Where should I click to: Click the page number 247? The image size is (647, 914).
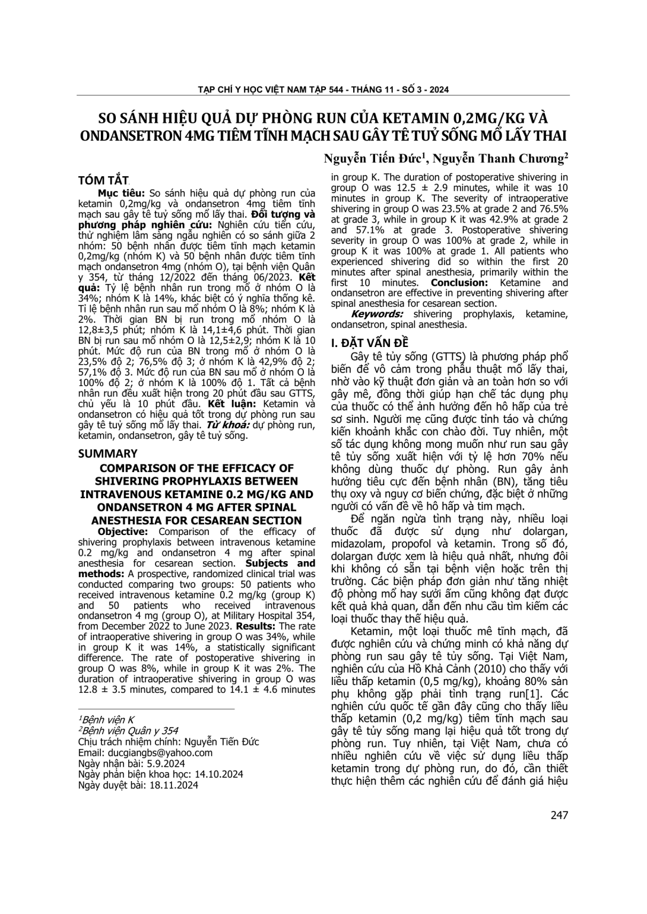click(559, 815)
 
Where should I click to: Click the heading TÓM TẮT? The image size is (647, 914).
click(104, 180)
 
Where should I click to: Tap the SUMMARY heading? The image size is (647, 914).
click(108, 453)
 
